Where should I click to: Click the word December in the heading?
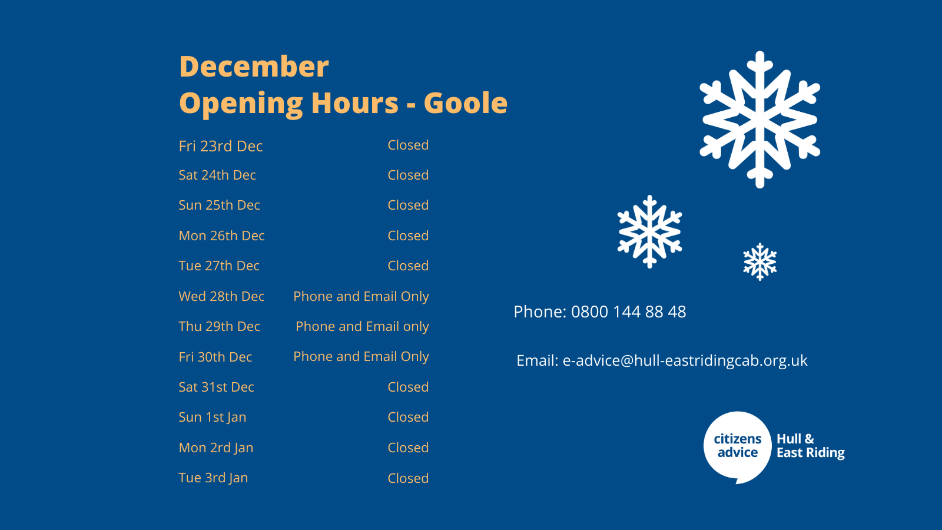[x=254, y=67]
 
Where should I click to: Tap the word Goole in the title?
[x=466, y=103]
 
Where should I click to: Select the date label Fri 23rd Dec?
[x=221, y=146]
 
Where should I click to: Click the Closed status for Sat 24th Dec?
[x=408, y=175]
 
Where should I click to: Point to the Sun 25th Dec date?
[x=219, y=205]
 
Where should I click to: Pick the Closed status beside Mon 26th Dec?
[x=408, y=236]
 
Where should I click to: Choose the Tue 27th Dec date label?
[x=218, y=266]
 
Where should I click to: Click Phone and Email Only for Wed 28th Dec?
[x=361, y=297]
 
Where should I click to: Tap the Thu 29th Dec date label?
[x=219, y=326]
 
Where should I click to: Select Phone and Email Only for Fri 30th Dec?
[x=361, y=357]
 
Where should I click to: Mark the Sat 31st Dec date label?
[x=216, y=387]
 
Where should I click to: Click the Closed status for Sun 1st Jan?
[x=408, y=417]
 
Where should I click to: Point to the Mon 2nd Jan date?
[x=215, y=448]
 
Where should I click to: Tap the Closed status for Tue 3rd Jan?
[x=408, y=478]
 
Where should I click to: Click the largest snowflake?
[x=759, y=120]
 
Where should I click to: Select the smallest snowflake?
[x=760, y=261]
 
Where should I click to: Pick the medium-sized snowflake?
[x=650, y=232]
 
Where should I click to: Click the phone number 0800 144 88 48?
[x=628, y=312]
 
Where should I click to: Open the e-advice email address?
[x=685, y=360]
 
